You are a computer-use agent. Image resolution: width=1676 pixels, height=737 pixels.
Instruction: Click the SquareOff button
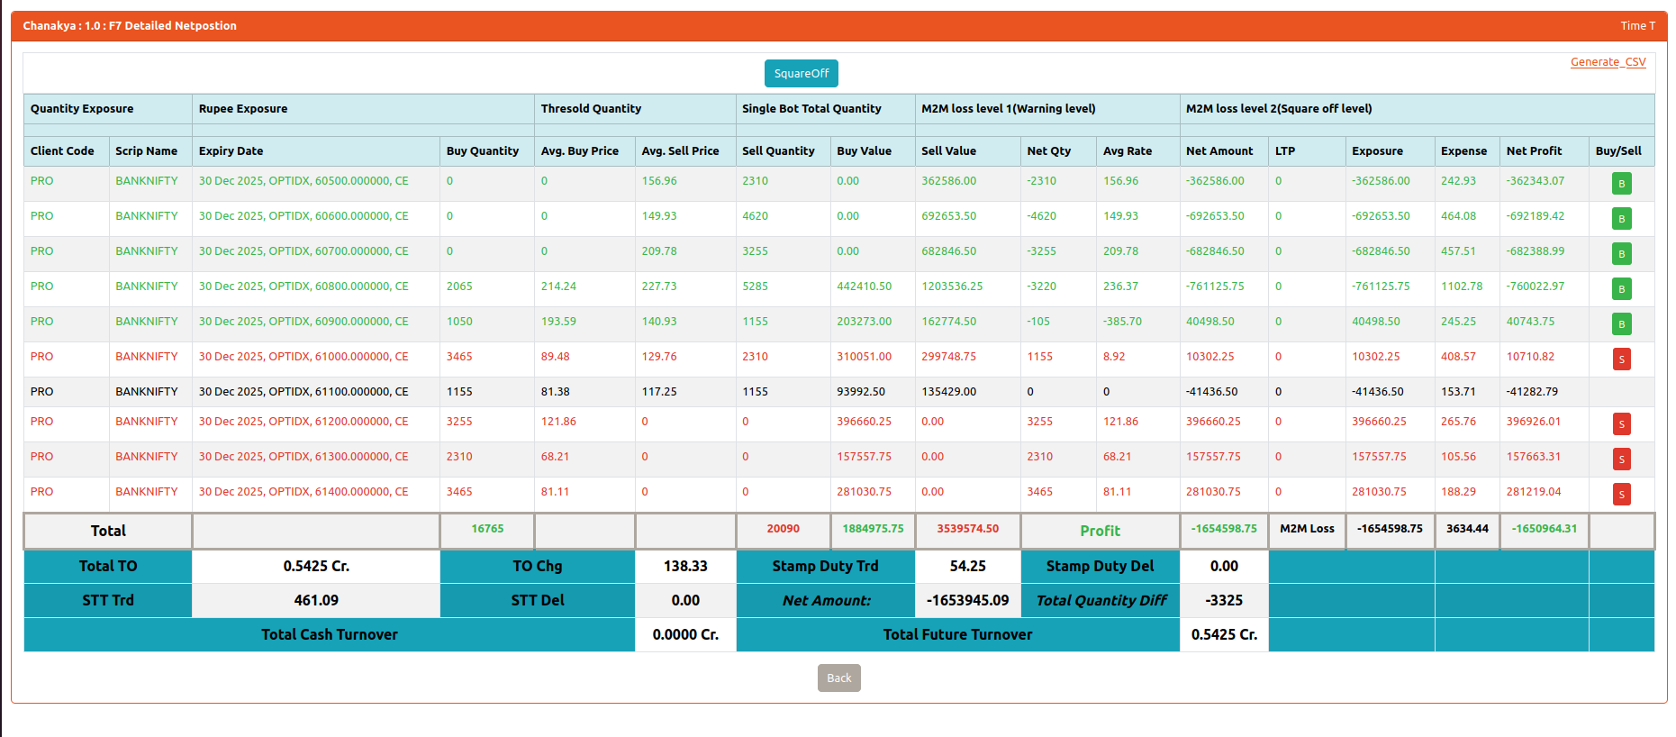coord(801,74)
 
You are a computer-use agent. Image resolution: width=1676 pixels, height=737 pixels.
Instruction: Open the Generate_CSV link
coord(1608,62)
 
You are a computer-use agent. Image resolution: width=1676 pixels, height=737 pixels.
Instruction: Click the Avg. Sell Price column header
coord(680,151)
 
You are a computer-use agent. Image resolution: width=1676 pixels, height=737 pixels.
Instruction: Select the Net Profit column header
coord(1534,151)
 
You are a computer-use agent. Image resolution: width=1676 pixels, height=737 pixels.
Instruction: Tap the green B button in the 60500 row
coord(1621,184)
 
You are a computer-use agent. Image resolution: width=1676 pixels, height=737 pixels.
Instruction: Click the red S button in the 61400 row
coord(1621,495)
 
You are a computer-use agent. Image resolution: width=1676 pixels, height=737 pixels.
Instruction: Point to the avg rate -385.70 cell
coord(1122,322)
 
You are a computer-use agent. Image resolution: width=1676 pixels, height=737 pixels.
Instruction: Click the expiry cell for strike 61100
coord(303,392)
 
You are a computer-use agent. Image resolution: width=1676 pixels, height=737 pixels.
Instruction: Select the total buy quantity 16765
coord(487,529)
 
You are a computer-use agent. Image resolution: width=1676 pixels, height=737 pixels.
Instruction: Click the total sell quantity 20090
coord(783,529)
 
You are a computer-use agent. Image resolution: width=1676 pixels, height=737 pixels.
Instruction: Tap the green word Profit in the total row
coord(1100,531)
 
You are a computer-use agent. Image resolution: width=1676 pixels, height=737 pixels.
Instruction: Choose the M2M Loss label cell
coord(1307,529)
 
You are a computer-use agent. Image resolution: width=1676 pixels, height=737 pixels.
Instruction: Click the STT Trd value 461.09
coord(316,600)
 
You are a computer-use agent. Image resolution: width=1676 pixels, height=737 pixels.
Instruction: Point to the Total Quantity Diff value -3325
coord(1224,600)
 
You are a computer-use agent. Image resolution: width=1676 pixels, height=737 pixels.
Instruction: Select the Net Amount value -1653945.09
coord(967,600)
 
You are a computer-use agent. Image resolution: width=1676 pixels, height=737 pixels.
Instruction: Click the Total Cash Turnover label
coord(329,634)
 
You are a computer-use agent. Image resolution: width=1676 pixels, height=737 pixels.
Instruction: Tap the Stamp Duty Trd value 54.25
coord(967,566)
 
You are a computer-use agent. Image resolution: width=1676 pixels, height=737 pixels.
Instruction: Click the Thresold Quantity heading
coord(591,109)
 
